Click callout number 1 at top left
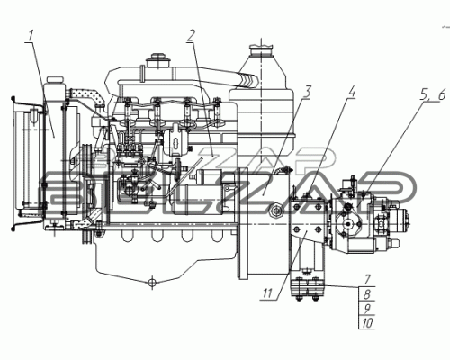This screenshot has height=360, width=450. [x=31, y=36]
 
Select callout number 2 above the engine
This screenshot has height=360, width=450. [x=191, y=36]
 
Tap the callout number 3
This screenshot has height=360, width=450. [x=307, y=92]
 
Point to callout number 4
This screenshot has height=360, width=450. [x=351, y=92]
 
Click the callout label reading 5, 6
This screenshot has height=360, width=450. [x=433, y=95]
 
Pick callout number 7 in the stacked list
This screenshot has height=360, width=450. [x=368, y=280]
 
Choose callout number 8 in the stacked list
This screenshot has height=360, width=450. [x=367, y=294]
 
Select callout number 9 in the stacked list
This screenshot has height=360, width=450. [x=367, y=309]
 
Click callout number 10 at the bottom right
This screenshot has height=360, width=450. [x=367, y=323]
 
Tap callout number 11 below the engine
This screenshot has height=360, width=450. [x=267, y=293]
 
